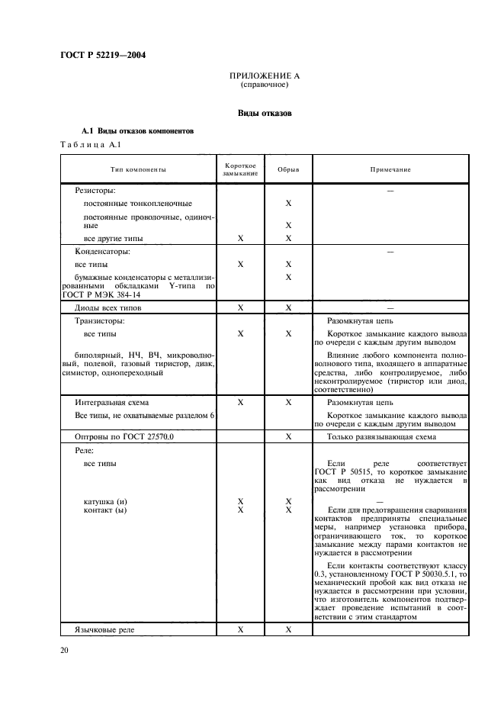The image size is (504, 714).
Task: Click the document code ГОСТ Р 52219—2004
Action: (x=103, y=55)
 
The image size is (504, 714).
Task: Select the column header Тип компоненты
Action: (x=137, y=169)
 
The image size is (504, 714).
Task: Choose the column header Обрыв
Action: (x=288, y=169)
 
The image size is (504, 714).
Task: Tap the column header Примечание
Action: (x=390, y=169)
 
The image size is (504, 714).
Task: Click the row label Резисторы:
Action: (x=95, y=190)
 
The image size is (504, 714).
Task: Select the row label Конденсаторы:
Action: (x=102, y=251)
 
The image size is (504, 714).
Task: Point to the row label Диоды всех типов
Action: (x=108, y=308)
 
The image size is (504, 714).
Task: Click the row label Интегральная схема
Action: (x=112, y=401)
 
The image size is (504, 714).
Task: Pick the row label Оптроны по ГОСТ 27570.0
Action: (x=124, y=437)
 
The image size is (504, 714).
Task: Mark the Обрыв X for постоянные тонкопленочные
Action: (x=288, y=204)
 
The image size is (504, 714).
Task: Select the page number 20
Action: (x=64, y=650)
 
